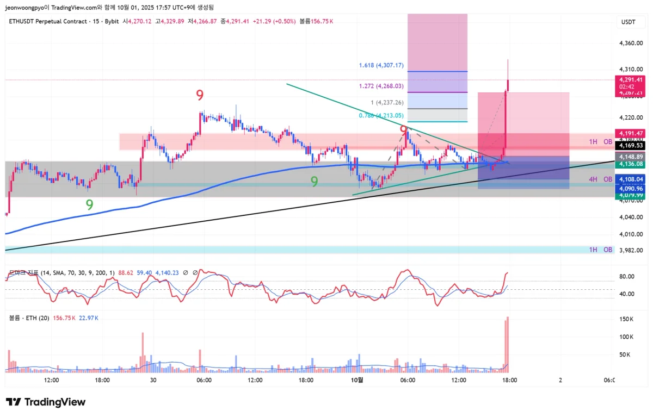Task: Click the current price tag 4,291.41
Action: (629, 79)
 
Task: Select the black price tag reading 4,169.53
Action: (629, 146)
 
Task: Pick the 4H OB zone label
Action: (601, 179)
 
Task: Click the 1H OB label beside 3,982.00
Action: (601, 250)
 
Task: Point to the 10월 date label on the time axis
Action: (357, 381)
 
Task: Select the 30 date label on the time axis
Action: (153, 381)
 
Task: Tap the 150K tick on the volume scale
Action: (627, 319)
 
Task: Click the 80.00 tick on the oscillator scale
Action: (627, 276)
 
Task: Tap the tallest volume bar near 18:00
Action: (508, 344)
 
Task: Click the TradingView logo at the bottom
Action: (46, 402)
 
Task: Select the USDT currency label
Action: (629, 21)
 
